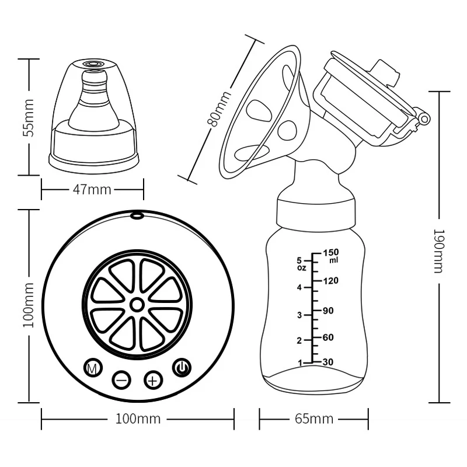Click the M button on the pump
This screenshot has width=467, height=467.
(91, 368)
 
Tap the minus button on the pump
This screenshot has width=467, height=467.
(122, 380)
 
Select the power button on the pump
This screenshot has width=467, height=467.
(182, 368)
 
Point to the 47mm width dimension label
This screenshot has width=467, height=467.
(92, 189)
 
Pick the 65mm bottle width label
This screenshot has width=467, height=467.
(314, 419)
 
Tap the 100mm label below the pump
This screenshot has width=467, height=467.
(138, 419)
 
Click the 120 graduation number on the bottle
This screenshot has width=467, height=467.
(330, 281)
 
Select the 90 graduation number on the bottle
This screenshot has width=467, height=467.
(328, 311)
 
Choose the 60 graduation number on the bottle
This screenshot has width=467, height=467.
(328, 337)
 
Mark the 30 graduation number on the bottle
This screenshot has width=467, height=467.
(328, 362)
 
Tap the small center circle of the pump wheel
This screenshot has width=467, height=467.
(137, 304)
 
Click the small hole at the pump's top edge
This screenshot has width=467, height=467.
(137, 217)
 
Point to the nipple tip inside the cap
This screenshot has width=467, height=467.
(90, 74)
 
